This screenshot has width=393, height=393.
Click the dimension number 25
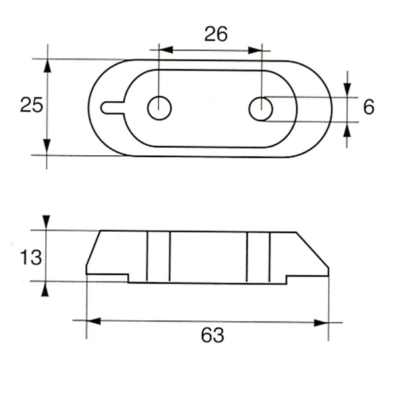pos(31,105)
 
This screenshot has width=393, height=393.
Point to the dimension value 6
pos(368,107)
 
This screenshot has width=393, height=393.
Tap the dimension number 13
pos(31,256)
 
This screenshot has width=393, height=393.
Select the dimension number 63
pos(212,335)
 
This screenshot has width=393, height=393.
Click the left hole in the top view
pos(159,107)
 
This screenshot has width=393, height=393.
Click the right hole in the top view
pos(260,109)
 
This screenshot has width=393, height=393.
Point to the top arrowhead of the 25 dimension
pos(47,65)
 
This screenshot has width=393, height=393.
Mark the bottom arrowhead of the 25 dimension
pos(47,149)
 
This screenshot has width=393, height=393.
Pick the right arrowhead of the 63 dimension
pos(322,323)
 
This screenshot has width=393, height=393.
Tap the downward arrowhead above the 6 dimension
pos(347,91)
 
